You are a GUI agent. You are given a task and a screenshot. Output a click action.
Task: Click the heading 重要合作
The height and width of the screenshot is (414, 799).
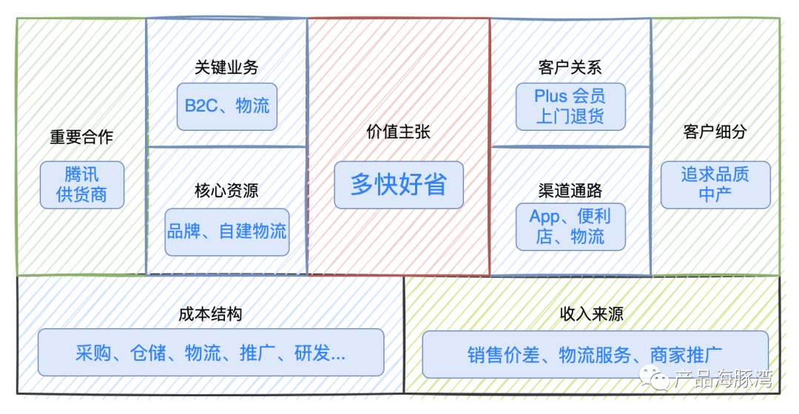click(x=81, y=137)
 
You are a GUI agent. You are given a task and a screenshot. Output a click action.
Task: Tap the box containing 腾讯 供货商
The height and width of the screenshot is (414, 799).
click(x=81, y=185)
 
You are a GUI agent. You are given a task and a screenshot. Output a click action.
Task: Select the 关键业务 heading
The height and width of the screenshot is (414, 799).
click(x=226, y=67)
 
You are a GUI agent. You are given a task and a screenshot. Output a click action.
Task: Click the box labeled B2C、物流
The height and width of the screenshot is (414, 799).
click(x=226, y=106)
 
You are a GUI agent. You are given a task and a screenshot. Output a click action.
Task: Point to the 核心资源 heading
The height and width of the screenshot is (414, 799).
click(x=226, y=191)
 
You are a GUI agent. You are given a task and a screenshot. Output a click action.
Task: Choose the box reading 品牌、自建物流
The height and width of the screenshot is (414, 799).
click(x=226, y=231)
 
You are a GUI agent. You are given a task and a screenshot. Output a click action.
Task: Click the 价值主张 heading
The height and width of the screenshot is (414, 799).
click(x=399, y=132)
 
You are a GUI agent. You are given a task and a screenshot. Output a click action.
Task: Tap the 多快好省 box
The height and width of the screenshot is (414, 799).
click(x=399, y=185)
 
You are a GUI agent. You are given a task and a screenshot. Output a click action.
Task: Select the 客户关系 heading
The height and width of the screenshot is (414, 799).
click(x=570, y=67)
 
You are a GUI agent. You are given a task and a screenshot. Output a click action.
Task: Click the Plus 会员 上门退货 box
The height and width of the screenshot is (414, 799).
click(x=570, y=106)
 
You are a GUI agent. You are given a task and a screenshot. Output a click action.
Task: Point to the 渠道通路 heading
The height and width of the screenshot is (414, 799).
click(x=570, y=191)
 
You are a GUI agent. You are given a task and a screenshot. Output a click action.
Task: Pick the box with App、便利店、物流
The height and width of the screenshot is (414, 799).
click(x=570, y=226)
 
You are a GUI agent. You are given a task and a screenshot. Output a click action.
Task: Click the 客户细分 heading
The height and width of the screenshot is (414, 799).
click(x=715, y=132)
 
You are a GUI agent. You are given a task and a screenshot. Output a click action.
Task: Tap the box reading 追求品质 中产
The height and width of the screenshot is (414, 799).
click(x=715, y=185)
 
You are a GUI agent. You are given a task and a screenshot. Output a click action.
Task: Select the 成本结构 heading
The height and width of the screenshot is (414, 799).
click(x=210, y=314)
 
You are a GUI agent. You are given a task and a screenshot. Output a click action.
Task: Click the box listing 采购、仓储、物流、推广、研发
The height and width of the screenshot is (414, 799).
click(x=210, y=353)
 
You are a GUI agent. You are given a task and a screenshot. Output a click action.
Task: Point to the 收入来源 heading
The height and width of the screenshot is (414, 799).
click(x=591, y=314)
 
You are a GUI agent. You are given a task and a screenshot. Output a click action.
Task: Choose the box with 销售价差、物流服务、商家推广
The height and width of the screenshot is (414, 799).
click(x=595, y=355)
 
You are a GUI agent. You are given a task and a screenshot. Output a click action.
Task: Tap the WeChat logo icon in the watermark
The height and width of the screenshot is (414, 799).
click(x=654, y=379)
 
